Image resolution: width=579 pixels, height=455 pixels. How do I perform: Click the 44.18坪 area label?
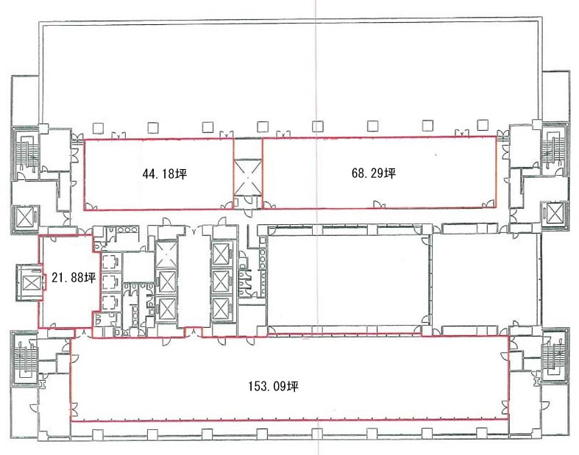pyautogui.click(x=164, y=173)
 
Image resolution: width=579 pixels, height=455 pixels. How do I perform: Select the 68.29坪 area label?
pyautogui.click(x=373, y=173)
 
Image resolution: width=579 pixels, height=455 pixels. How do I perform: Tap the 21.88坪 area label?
pyautogui.click(x=74, y=278)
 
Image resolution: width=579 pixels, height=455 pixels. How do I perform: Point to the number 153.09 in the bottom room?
pyautogui.click(x=267, y=387)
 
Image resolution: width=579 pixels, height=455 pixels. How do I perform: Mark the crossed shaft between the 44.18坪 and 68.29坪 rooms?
pyautogui.click(x=248, y=176)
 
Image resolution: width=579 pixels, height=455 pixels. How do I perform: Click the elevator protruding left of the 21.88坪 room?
pyautogui.click(x=30, y=283)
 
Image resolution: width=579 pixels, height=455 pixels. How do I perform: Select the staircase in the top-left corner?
pyautogui.click(x=25, y=152)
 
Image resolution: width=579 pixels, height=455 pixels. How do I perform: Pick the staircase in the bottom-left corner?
pyautogui.click(x=25, y=357)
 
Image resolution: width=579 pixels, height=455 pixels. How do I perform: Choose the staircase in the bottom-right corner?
pyautogui.click(x=553, y=357)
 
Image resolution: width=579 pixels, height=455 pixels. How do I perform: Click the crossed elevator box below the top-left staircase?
pyautogui.click(x=25, y=218)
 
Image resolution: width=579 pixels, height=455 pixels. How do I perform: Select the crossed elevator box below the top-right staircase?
pyautogui.click(x=553, y=213)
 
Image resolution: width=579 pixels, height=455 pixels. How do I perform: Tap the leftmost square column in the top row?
pyautogui.click(x=99, y=128)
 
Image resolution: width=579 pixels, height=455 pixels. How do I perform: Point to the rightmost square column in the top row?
pyautogui.click(x=483, y=125)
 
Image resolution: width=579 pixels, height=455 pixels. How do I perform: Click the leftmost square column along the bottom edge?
pyautogui.click(x=98, y=434)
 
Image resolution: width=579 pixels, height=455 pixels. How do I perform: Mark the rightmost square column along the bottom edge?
pyautogui.click(x=482, y=432)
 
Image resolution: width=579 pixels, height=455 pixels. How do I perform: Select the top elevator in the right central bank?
pyautogui.click(x=221, y=254)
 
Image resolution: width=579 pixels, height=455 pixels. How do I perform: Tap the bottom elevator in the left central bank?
pyautogui.click(x=167, y=309)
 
